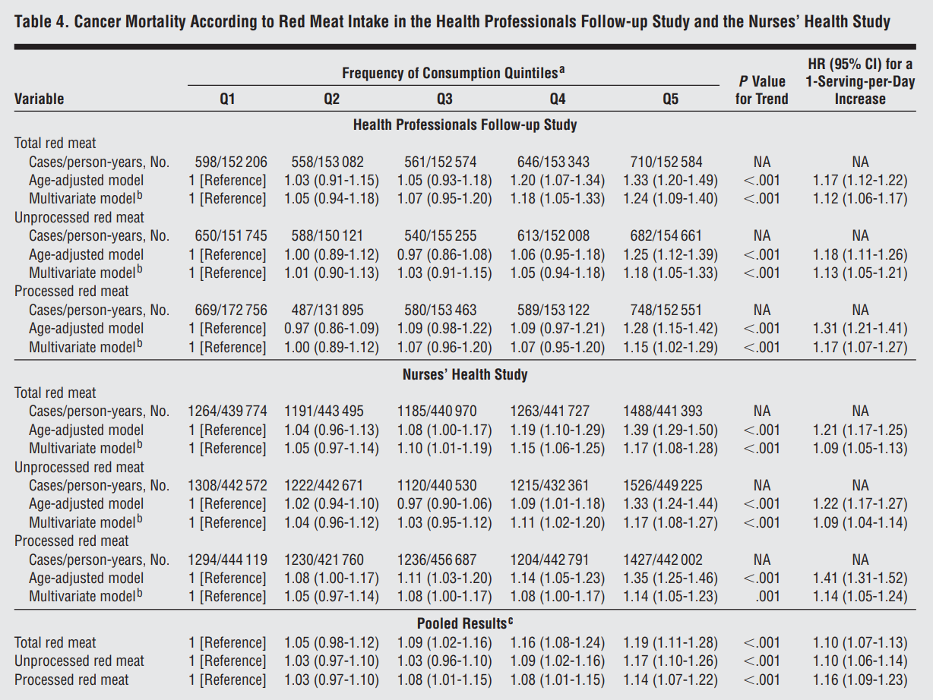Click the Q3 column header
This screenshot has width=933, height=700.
[444, 99]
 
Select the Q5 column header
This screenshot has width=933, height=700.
[670, 99]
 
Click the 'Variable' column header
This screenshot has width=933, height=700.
[39, 99]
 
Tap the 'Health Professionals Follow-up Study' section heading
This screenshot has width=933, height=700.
[465, 125]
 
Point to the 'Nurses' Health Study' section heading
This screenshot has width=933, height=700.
[465, 374]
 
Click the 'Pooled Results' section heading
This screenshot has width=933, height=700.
[465, 623]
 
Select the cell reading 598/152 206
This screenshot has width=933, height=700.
[231, 162]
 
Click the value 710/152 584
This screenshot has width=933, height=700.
[666, 162]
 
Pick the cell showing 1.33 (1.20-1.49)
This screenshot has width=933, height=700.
[670, 181]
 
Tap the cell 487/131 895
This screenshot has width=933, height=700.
[327, 310]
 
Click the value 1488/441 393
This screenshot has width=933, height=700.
[663, 411]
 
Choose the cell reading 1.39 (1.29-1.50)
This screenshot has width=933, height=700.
[670, 430]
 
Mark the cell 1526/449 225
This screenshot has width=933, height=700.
[663, 485]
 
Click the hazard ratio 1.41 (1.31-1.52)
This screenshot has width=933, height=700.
[860, 578]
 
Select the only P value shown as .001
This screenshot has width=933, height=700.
[767, 597]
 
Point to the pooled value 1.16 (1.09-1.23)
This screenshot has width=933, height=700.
[860, 680]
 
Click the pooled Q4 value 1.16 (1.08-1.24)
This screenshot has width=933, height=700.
[557, 642]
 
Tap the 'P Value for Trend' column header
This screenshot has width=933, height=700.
[762, 90]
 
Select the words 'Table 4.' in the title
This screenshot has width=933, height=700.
[42, 22]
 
